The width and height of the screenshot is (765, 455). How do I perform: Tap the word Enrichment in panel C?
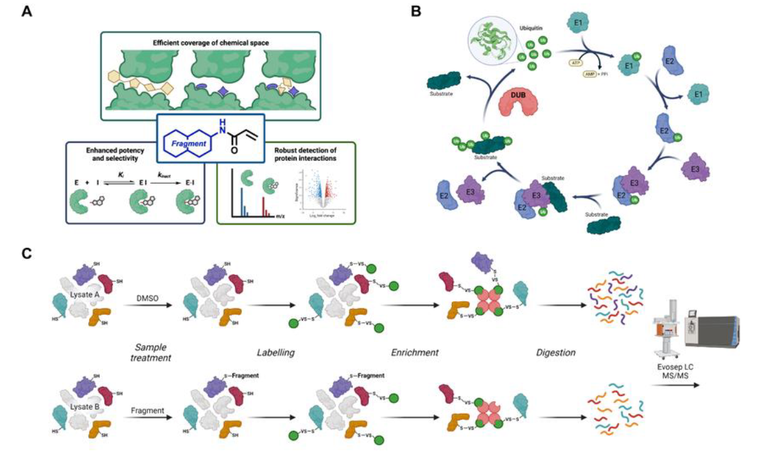tap(414, 352)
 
